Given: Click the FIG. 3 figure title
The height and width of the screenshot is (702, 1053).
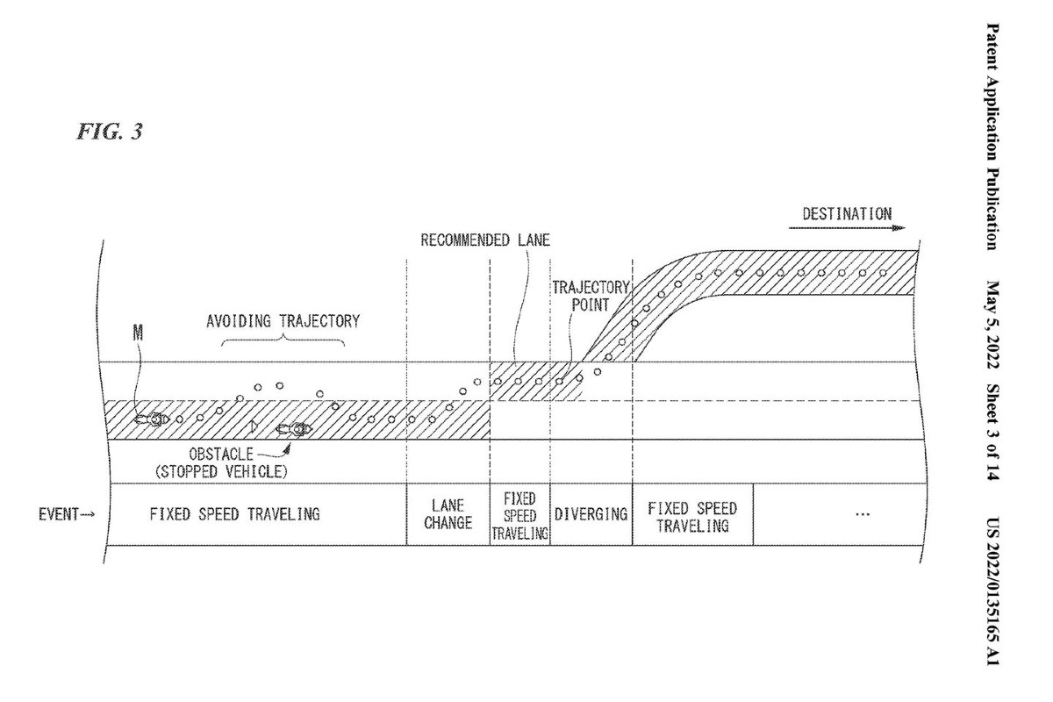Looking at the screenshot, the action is (110, 132).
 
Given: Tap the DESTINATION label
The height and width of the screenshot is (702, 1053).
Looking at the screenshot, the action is (847, 214).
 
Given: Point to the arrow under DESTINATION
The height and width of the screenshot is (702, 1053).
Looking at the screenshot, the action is (847, 228).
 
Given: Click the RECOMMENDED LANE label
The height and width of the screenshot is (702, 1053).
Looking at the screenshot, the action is (485, 240).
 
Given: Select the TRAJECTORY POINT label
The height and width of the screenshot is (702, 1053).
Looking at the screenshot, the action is (591, 296).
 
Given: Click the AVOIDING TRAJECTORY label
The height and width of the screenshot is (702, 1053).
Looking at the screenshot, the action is (283, 321).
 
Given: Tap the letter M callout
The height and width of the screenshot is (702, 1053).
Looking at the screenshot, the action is (138, 333).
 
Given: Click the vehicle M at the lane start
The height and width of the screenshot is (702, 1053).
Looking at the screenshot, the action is (152, 419).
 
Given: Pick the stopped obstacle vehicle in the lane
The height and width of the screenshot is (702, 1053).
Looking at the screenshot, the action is (294, 429).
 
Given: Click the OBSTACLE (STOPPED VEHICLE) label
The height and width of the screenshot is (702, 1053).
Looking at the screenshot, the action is (221, 462).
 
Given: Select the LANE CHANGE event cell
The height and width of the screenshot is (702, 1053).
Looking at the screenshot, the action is (448, 514).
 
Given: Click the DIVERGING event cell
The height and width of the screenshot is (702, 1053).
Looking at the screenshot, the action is (591, 514).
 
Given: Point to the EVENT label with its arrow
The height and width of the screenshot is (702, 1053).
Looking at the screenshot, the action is (67, 514).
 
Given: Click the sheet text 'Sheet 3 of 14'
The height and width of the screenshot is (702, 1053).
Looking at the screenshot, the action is (992, 433).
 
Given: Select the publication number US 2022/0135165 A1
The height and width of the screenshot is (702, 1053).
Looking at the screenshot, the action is (992, 592).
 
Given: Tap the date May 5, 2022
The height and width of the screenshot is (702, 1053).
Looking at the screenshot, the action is (992, 325).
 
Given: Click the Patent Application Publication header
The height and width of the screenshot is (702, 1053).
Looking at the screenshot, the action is (992, 137).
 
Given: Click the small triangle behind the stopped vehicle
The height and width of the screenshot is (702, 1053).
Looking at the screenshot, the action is (254, 426).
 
